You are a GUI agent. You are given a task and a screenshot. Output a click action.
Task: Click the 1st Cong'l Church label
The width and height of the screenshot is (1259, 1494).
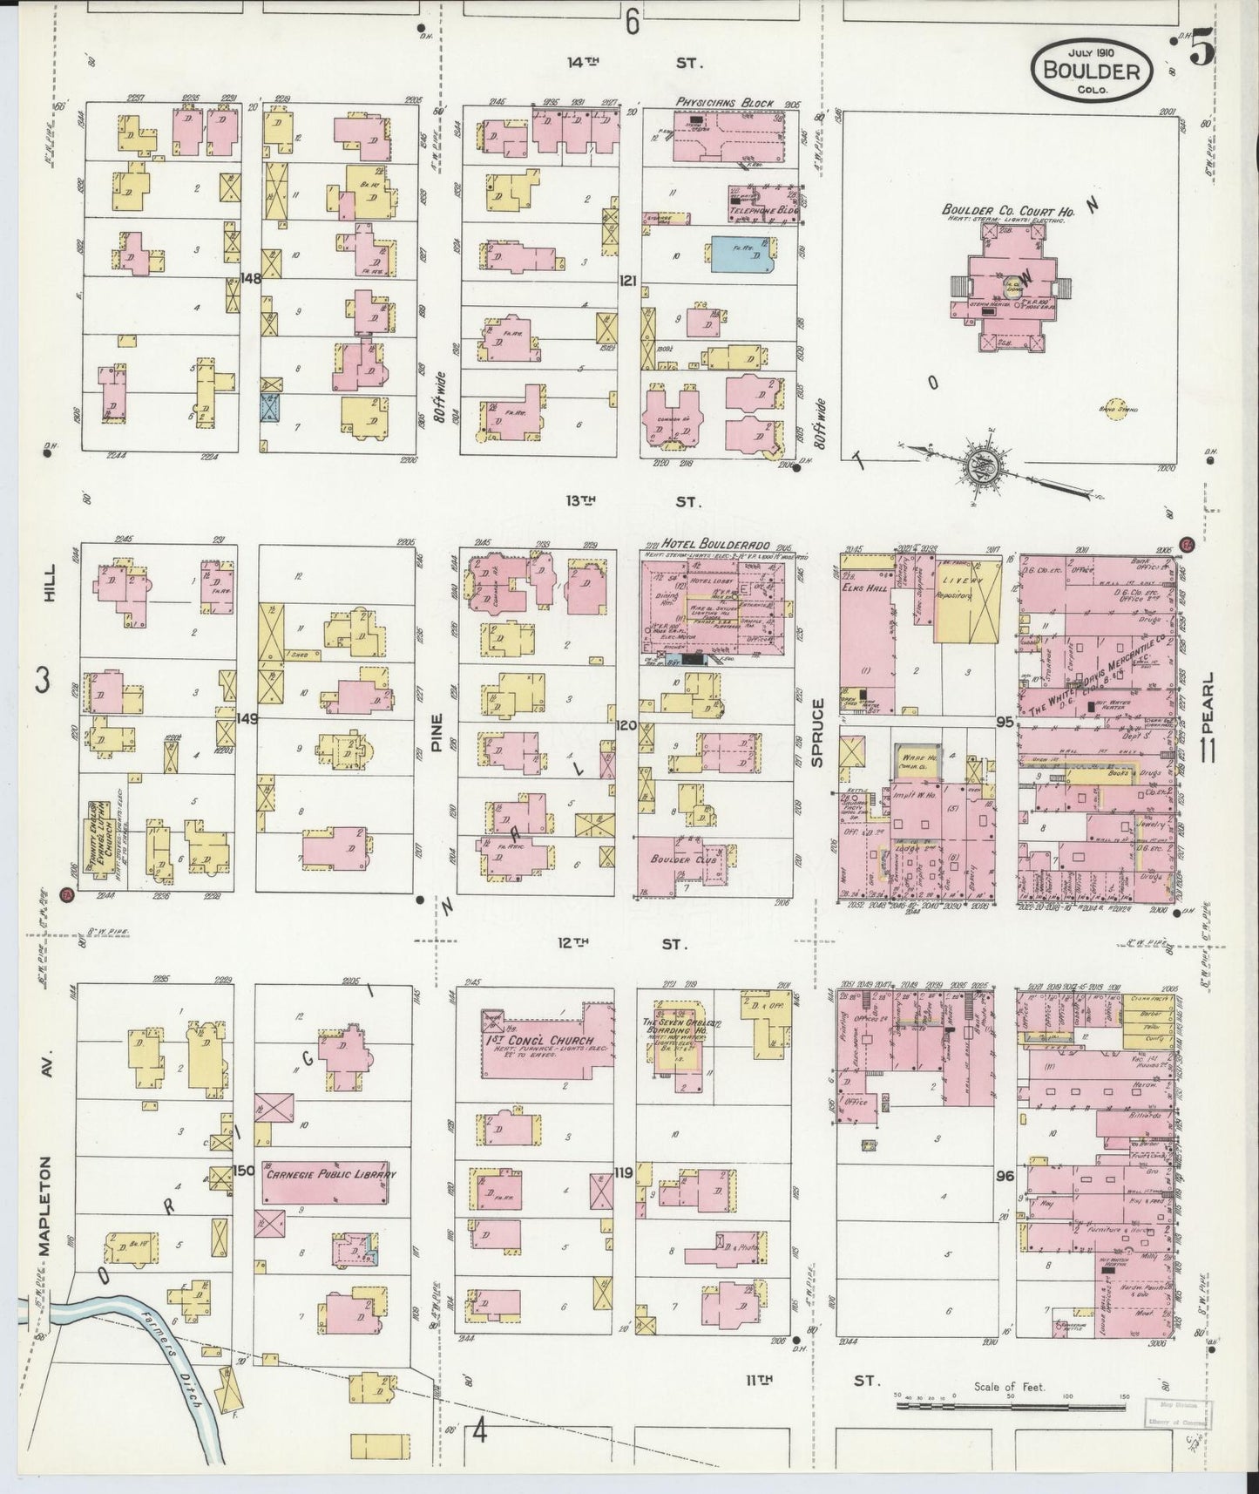[541, 1041]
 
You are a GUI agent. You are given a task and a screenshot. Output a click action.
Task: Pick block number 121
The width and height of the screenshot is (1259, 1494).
[627, 280]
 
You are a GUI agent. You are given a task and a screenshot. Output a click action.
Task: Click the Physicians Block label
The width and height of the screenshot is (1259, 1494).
[724, 103]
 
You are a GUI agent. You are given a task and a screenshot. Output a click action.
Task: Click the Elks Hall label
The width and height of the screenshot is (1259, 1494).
[866, 586]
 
